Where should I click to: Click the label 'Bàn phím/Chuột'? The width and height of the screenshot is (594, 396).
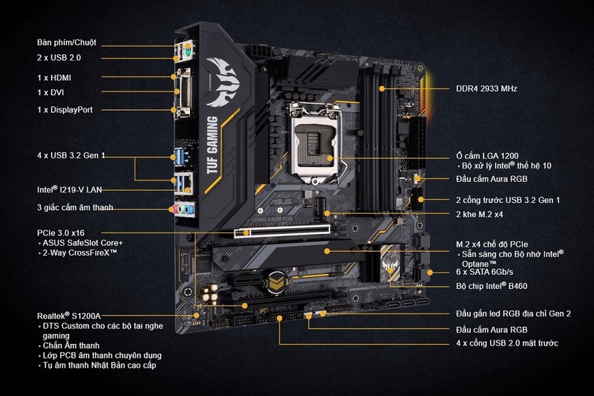click(66, 42)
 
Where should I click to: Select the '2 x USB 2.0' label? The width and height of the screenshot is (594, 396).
click(60, 57)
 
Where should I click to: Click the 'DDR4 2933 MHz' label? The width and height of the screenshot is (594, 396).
click(486, 89)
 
